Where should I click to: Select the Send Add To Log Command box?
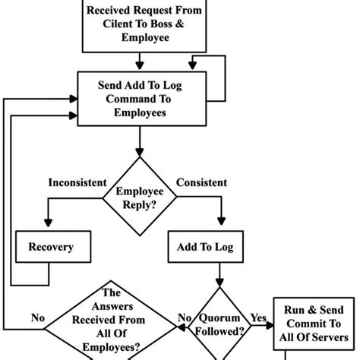tap(139, 99)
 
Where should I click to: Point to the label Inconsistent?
tap(75, 183)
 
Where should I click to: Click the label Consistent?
tap(201, 183)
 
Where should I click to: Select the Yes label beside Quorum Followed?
tap(257, 317)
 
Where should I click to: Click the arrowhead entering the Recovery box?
tap(49, 226)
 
